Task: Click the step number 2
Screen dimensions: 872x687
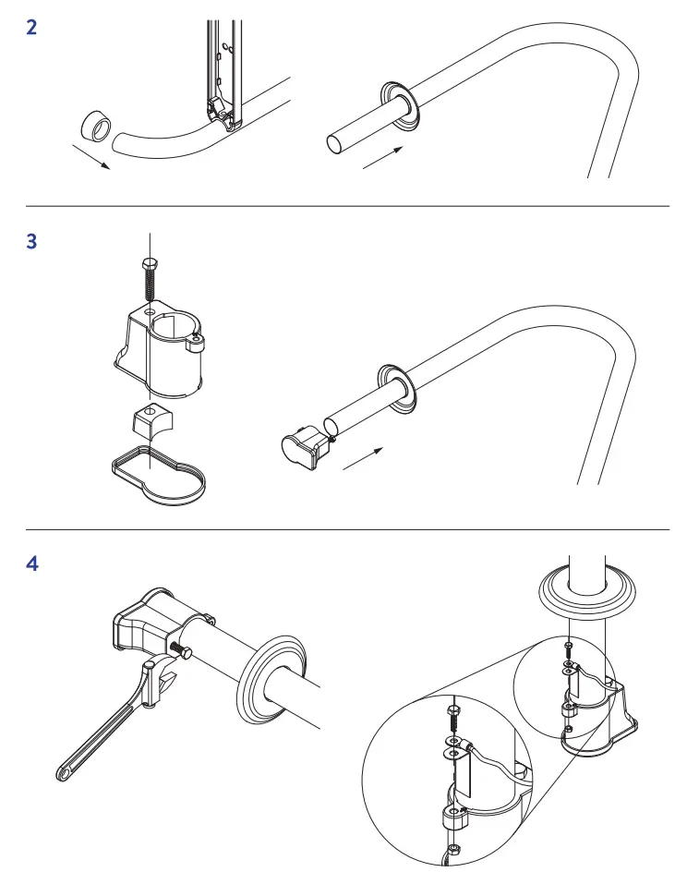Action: (x=32, y=28)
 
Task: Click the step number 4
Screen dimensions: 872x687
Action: (x=32, y=563)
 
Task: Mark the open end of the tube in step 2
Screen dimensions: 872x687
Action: (x=334, y=144)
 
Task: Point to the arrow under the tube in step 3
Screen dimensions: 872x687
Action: (x=363, y=459)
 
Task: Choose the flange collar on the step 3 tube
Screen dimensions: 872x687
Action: (x=399, y=388)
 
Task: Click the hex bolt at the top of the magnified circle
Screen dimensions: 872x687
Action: (x=452, y=712)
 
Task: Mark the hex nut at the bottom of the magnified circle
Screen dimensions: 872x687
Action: (x=452, y=850)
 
